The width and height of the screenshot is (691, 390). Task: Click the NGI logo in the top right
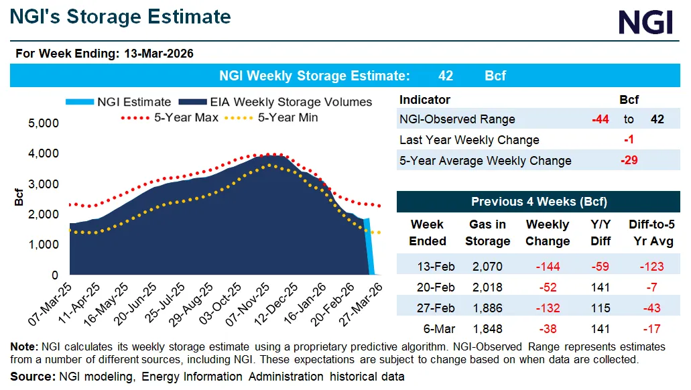(x=645, y=21)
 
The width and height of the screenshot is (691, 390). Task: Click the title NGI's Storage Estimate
(x=121, y=17)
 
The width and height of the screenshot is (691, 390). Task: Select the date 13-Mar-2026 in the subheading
(x=159, y=54)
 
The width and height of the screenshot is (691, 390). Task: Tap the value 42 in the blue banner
(x=445, y=76)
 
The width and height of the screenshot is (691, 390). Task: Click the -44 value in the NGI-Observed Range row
(x=600, y=119)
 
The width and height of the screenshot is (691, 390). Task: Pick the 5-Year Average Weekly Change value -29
(x=628, y=161)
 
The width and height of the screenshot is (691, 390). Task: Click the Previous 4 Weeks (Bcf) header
(x=539, y=202)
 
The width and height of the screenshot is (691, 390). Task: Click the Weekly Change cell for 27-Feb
(x=547, y=308)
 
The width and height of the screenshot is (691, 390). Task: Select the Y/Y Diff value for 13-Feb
(x=601, y=267)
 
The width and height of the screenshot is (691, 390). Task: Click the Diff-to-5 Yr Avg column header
(x=650, y=233)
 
